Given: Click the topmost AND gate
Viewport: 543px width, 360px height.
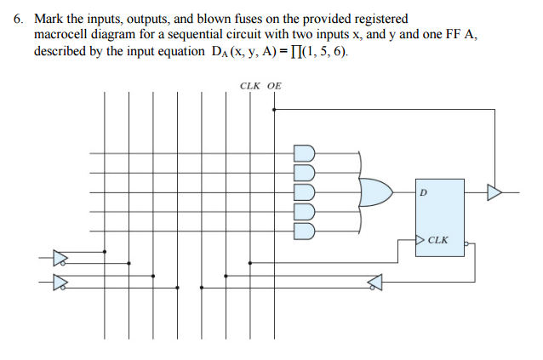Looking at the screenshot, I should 305,153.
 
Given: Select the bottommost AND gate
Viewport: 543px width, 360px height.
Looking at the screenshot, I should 305,231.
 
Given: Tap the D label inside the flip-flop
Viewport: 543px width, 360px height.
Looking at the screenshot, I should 423,193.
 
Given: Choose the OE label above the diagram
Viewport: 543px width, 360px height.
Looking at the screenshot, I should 274,86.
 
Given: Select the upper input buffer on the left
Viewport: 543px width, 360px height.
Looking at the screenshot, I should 59,256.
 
